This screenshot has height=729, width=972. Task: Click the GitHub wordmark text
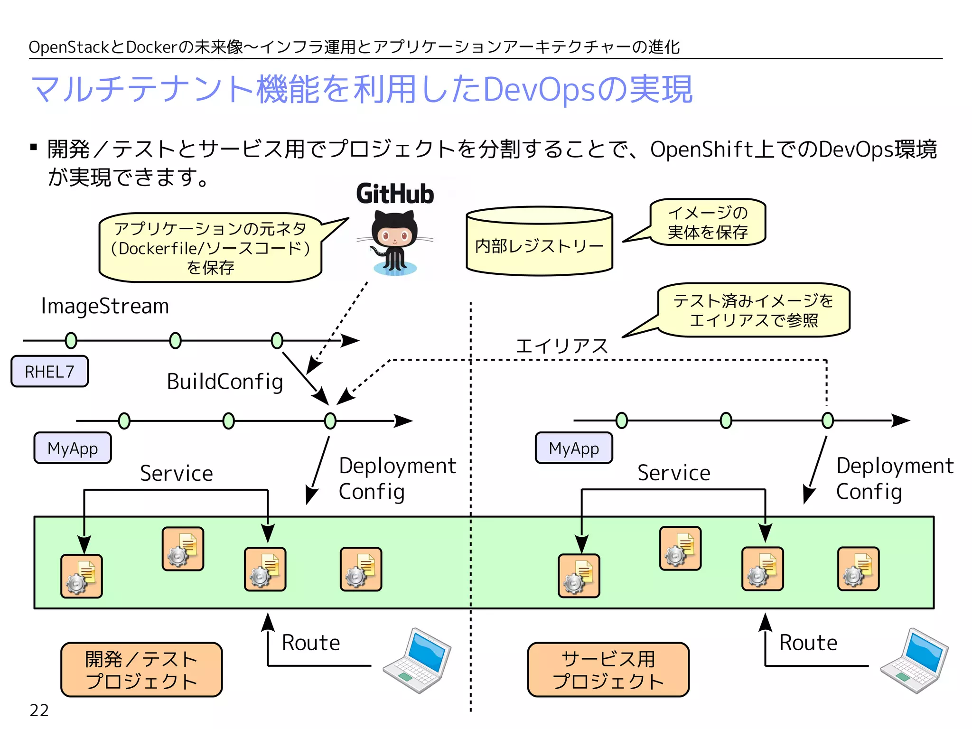[x=395, y=194]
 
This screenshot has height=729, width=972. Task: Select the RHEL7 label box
[x=50, y=372]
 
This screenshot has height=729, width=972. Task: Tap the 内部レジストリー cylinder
[x=540, y=242]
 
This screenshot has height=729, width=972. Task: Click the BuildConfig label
[x=225, y=382]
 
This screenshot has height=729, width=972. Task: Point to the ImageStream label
[x=105, y=306]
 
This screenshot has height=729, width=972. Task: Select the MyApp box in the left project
[x=73, y=448]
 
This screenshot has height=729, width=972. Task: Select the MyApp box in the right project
[x=574, y=448]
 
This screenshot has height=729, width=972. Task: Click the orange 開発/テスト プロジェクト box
[x=141, y=670]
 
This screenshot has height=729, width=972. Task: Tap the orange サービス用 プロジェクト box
[x=608, y=670]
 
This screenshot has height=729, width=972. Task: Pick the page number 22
[x=39, y=710]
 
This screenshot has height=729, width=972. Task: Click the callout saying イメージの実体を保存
[x=708, y=222]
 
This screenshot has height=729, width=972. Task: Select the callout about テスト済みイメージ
[x=753, y=310]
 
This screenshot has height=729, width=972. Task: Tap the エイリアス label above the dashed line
[x=561, y=346]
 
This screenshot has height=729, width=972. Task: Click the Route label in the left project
[x=311, y=643]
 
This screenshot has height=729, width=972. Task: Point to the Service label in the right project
[x=673, y=473]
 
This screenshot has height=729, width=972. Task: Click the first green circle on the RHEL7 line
[x=71, y=340]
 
